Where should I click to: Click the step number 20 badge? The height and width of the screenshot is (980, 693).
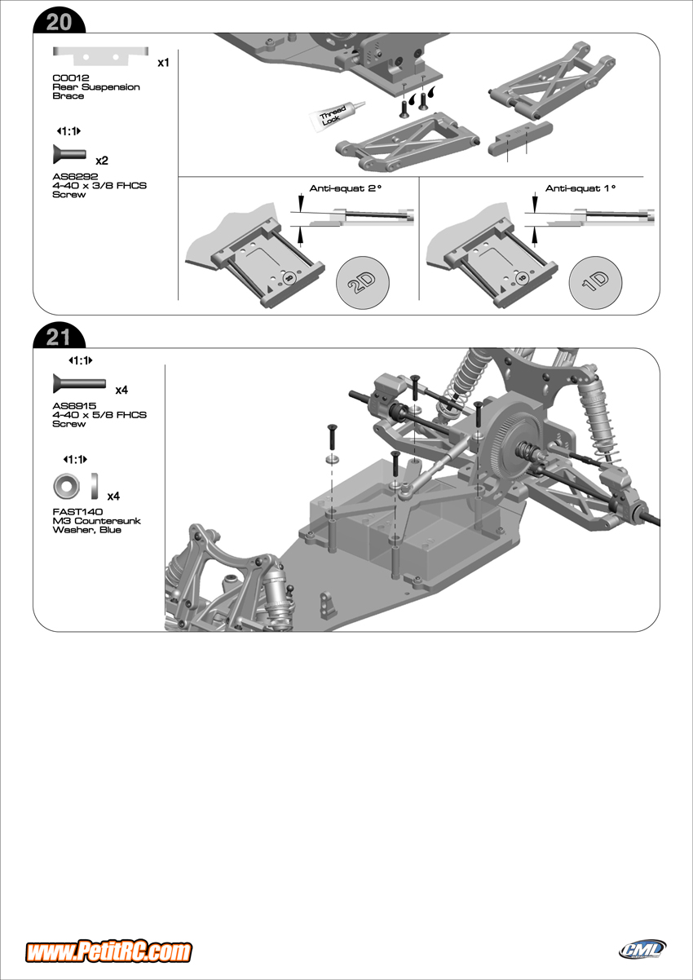click(59, 22)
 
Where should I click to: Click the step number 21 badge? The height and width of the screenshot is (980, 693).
click(59, 337)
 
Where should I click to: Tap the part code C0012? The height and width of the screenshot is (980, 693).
click(65, 77)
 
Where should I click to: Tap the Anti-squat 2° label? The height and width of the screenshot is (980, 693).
click(346, 188)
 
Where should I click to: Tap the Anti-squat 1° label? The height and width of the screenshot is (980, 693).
click(580, 188)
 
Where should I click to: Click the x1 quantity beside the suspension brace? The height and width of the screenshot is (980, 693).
click(163, 63)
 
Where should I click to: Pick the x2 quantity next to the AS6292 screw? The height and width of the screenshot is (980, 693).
click(102, 160)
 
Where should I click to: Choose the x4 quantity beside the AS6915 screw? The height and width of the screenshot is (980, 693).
click(121, 391)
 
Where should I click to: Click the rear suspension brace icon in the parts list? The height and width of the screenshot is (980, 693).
click(101, 55)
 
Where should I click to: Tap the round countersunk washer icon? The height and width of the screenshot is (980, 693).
click(66, 487)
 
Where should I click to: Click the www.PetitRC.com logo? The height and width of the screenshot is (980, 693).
click(108, 951)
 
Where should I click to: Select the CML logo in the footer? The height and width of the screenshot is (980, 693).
click(642, 949)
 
